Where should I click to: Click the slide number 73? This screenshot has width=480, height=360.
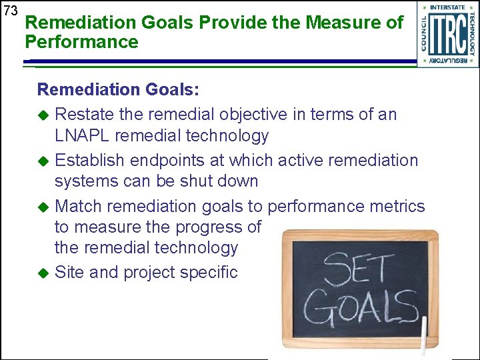point(10,11)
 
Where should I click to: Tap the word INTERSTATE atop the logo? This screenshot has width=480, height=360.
point(448,8)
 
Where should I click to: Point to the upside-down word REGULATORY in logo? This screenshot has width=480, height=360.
point(448,61)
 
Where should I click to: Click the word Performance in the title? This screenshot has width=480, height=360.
point(81,43)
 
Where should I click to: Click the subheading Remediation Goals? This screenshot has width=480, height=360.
point(118,90)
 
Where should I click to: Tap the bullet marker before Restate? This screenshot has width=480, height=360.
point(44,115)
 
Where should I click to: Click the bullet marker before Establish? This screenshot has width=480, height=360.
point(44,161)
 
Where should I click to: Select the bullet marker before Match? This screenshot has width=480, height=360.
point(44,207)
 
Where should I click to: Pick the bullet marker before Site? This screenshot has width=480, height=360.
point(44,273)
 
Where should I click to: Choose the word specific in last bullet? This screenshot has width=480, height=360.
point(207,272)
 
